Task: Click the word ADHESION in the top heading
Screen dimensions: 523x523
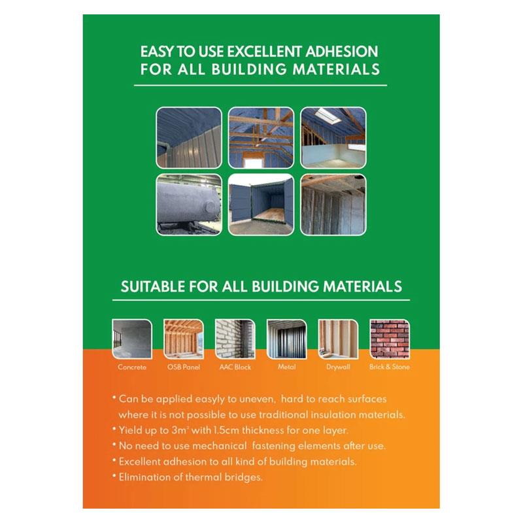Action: click(341, 52)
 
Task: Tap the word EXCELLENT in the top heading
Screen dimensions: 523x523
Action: click(264, 52)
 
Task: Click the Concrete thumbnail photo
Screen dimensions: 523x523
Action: click(132, 339)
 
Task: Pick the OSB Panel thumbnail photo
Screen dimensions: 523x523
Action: click(184, 339)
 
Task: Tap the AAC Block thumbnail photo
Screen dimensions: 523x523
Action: click(235, 339)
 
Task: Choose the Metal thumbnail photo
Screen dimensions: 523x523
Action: click(286, 339)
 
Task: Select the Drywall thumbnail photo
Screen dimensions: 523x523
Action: click(338, 339)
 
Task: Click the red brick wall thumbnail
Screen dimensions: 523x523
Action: click(390, 339)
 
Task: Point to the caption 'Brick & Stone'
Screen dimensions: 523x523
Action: click(389, 367)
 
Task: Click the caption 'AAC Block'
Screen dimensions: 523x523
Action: click(235, 367)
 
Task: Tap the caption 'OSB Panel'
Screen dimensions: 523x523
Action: click(184, 367)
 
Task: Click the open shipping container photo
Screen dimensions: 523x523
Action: click(261, 205)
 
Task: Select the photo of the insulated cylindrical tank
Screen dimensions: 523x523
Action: click(189, 205)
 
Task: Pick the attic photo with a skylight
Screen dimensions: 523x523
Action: click(333, 138)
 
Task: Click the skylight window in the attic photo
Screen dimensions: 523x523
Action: click(326, 114)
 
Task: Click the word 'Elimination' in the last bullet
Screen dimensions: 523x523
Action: click(145, 477)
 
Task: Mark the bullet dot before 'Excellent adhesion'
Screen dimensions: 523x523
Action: click(114, 460)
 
